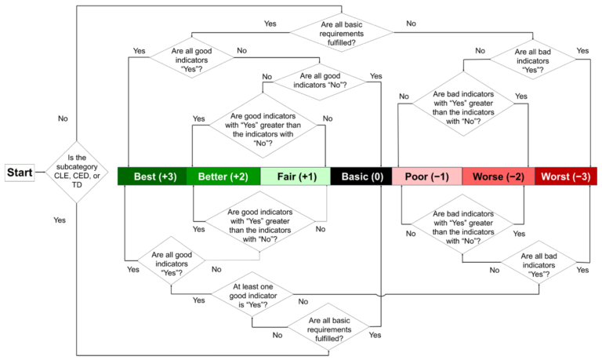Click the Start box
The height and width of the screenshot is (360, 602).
coord(20,173)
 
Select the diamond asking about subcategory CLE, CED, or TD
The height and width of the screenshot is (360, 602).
coord(77,173)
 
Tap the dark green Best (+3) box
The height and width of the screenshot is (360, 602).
coord(151,176)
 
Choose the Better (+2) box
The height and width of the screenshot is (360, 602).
coord(223,176)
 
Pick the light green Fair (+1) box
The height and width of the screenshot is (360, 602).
coord(295,176)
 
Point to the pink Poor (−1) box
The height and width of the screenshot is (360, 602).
coord(426,176)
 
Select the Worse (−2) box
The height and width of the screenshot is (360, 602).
coord(498,176)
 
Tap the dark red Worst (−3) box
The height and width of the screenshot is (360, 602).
coord(566,176)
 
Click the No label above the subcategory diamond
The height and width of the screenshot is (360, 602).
coord(63,118)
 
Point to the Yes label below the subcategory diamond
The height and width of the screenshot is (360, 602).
coord(60,220)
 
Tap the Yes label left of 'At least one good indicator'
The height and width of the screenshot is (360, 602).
coord(198,300)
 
